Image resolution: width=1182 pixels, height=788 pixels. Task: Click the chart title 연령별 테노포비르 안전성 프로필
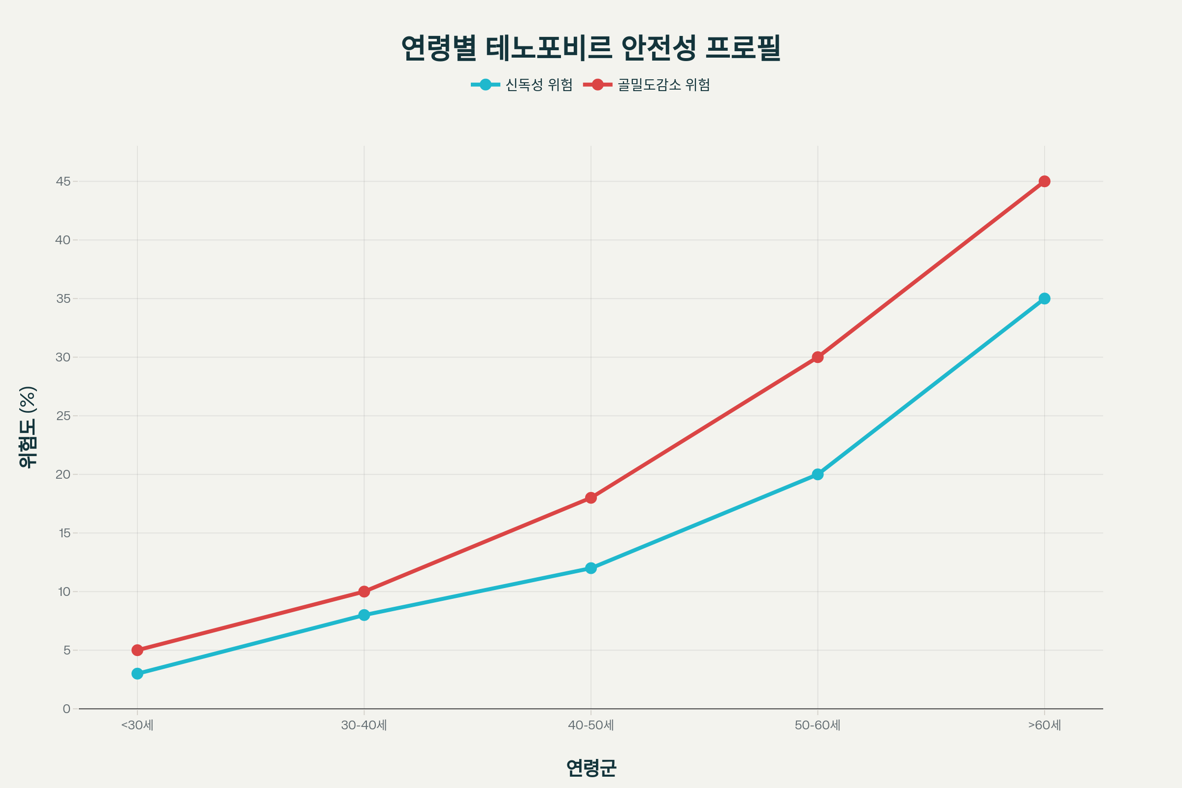pyautogui.click(x=591, y=48)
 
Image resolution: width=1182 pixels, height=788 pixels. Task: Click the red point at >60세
pyautogui.click(x=1044, y=181)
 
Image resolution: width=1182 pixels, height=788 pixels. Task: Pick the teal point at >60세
pyautogui.click(x=1044, y=298)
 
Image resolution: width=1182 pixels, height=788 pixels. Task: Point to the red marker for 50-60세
pyautogui.click(x=818, y=358)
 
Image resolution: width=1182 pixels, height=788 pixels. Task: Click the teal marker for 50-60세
pyautogui.click(x=818, y=474)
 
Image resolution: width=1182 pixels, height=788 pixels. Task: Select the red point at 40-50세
pyautogui.click(x=591, y=498)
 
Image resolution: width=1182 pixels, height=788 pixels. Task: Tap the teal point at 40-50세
pyautogui.click(x=591, y=568)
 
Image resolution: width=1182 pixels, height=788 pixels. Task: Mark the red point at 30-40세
pyautogui.click(x=364, y=591)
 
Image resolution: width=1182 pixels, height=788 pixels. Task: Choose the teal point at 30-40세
pyautogui.click(x=364, y=615)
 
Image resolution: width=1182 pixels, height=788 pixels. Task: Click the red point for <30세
pyautogui.click(x=137, y=650)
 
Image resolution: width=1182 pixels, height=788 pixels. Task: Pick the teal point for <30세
pyautogui.click(x=137, y=673)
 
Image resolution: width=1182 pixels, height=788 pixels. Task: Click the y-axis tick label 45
pyautogui.click(x=64, y=181)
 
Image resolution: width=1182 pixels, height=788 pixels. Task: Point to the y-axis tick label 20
pyautogui.click(x=64, y=474)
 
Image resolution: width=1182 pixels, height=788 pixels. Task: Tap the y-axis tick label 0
pyautogui.click(x=66, y=709)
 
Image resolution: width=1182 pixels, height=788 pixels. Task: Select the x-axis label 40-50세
pyautogui.click(x=591, y=725)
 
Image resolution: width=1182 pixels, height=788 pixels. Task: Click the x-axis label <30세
pyautogui.click(x=137, y=725)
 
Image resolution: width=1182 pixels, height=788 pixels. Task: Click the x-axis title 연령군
pyautogui.click(x=591, y=767)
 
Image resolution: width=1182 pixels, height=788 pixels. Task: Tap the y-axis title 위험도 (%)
pyautogui.click(x=28, y=427)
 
